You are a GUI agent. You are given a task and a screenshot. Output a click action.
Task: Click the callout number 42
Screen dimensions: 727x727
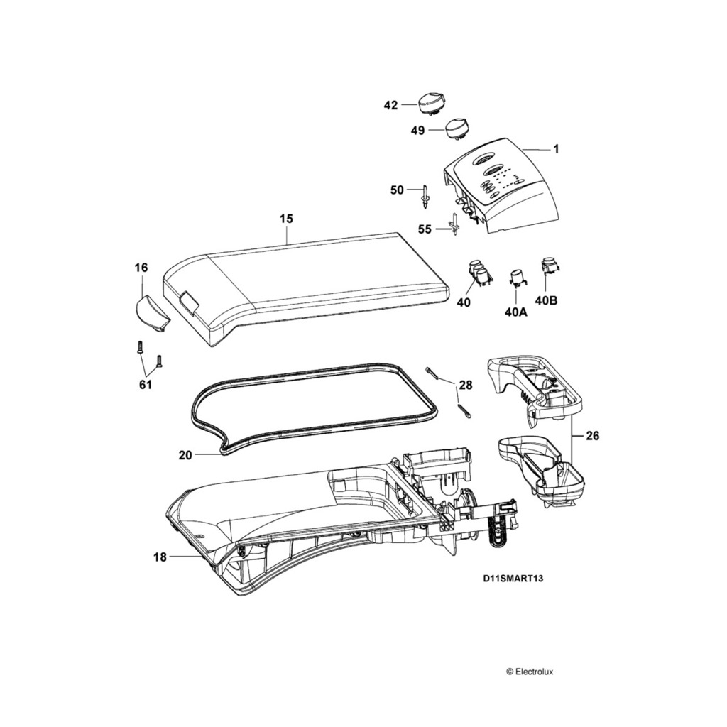pos(390,105)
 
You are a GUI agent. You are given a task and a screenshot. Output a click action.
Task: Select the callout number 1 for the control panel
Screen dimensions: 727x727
pos(556,149)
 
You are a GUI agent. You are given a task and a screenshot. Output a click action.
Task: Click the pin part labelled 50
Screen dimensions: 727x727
pos(425,195)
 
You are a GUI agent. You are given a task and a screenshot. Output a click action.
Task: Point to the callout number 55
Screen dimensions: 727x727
pos(425,229)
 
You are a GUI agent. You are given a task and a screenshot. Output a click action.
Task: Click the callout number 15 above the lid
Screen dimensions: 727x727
pos(285,219)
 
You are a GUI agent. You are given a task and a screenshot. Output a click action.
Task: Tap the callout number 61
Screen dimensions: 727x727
pos(145,384)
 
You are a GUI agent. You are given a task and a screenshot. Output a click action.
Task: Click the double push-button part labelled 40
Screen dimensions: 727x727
pos(479,273)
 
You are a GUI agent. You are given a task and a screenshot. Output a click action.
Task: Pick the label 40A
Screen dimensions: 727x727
pos(515,312)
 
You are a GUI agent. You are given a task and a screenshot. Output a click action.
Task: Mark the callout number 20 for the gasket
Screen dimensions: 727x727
pos(185,455)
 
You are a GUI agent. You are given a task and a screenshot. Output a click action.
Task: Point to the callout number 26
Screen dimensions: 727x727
pos(593,435)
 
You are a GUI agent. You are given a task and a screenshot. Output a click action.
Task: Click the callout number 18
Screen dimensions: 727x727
pos(160,557)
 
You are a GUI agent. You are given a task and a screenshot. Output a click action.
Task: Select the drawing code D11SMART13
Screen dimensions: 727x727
pos(513,578)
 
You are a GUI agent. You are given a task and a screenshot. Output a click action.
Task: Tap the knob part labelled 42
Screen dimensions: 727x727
pos(430,103)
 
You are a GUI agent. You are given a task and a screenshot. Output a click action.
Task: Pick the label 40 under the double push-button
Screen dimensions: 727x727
pos(464,302)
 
